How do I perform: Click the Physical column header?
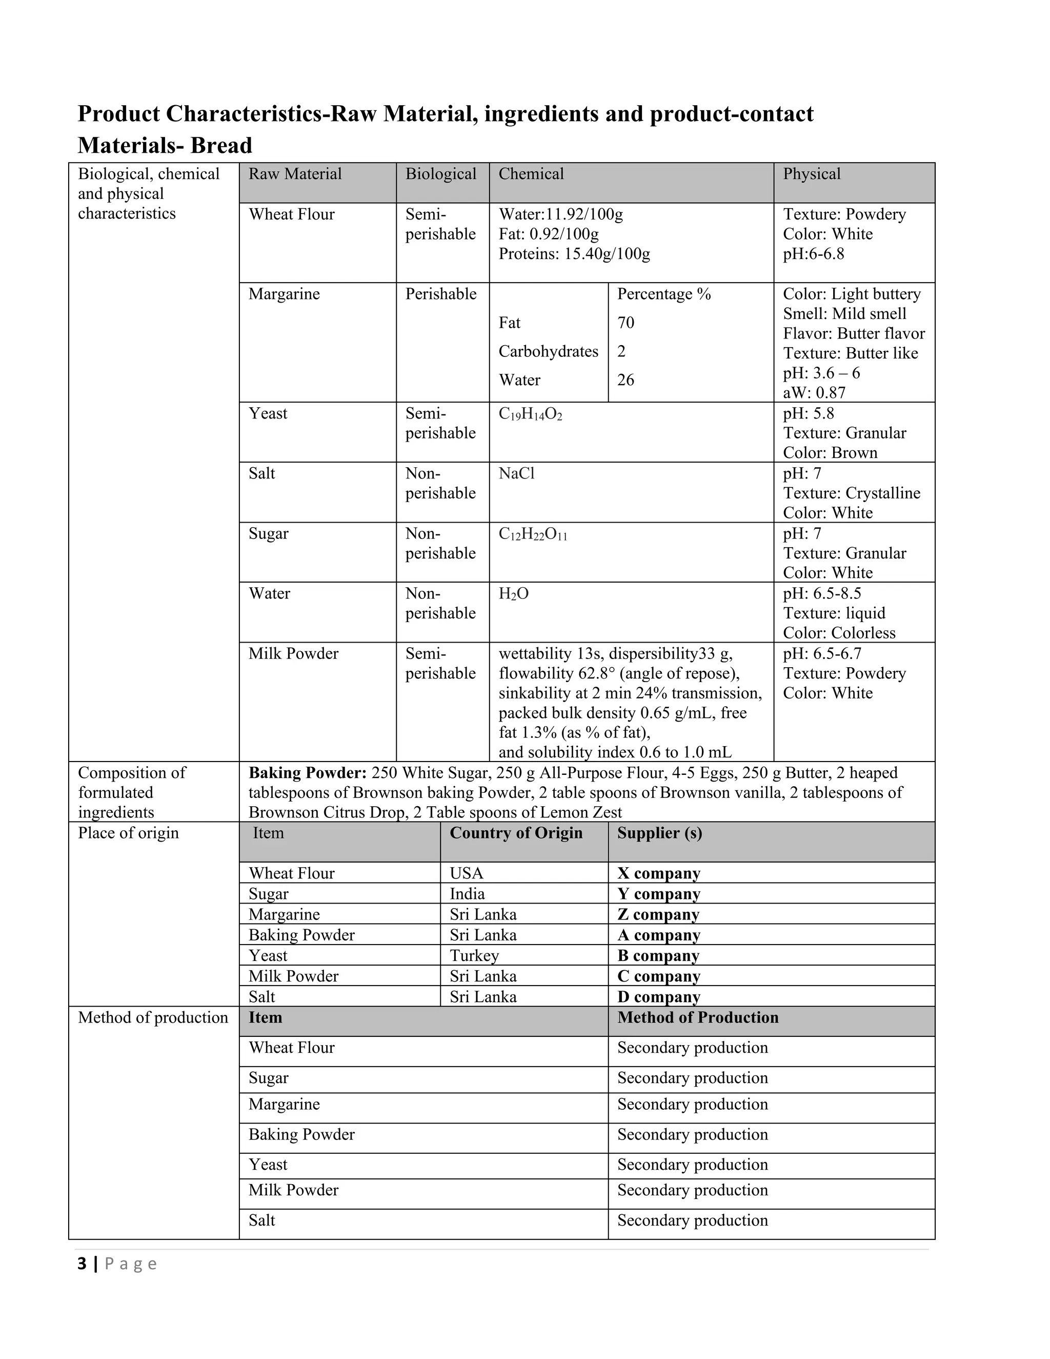(x=811, y=174)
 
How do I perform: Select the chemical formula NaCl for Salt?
(x=516, y=474)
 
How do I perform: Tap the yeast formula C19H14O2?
(x=530, y=414)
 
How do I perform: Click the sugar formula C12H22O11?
(x=533, y=534)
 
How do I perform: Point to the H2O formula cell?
(x=513, y=594)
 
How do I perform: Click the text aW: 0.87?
(x=814, y=393)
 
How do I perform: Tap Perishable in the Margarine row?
(x=440, y=294)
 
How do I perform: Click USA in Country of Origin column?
(x=466, y=874)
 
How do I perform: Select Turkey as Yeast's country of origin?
(x=474, y=956)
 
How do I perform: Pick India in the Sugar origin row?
(x=467, y=894)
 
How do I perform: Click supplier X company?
(x=658, y=874)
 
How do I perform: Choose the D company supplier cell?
(x=658, y=997)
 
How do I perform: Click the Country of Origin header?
(x=516, y=833)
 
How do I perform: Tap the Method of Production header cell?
(x=697, y=1017)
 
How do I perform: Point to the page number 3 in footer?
(x=82, y=1264)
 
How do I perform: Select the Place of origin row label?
(x=128, y=833)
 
